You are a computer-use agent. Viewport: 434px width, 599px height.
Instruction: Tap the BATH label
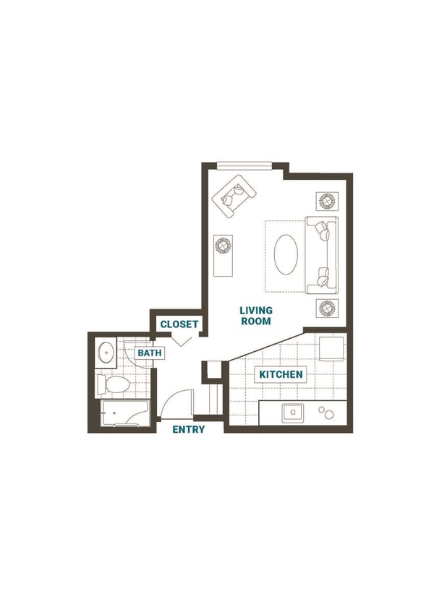(150, 353)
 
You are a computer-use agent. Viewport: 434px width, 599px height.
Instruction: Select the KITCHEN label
(281, 374)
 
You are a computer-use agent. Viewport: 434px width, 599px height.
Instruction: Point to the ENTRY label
(188, 429)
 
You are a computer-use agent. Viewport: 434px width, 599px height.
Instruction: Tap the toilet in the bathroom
(112, 384)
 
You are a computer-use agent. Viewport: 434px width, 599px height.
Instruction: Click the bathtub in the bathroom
(124, 413)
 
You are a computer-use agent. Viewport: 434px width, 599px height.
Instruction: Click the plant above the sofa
(325, 200)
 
